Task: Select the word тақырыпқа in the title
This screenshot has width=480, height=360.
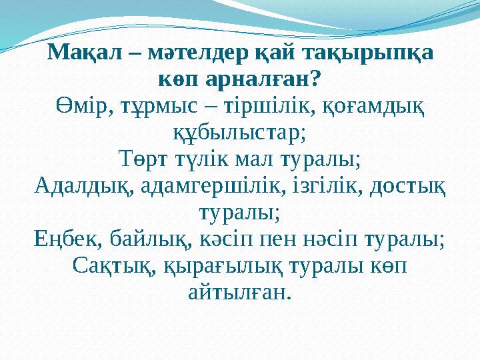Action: tap(369, 53)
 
